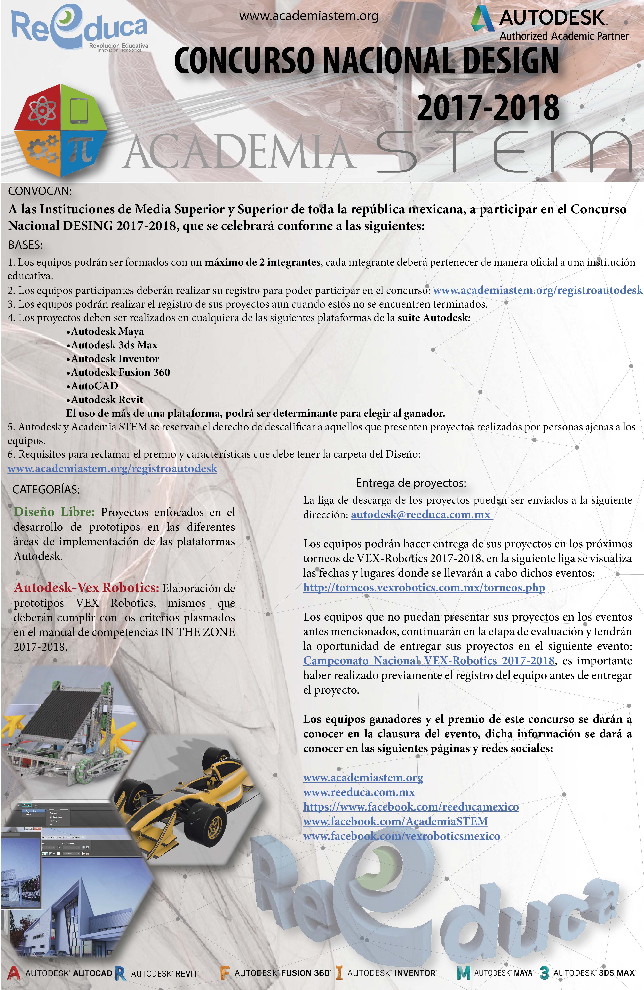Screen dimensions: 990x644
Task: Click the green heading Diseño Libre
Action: (54, 512)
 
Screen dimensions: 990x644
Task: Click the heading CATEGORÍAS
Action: (46, 490)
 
